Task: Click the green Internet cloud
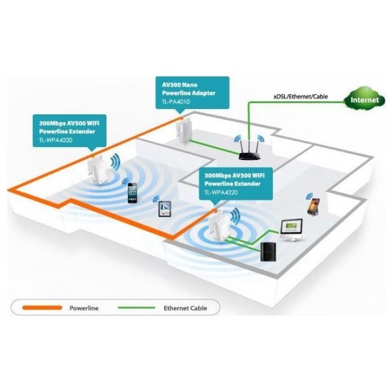pyautogui.click(x=365, y=99)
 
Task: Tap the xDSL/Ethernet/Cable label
pyautogui.click(x=301, y=97)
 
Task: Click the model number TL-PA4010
pyautogui.click(x=176, y=102)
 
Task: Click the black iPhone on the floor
pyautogui.click(x=133, y=193)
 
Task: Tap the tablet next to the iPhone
pyautogui.click(x=165, y=209)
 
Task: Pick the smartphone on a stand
pyautogui.click(x=314, y=206)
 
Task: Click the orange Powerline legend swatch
pyautogui.click(x=42, y=308)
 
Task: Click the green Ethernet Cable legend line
pyautogui.click(x=137, y=308)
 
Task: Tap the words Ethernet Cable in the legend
pyautogui.click(x=186, y=308)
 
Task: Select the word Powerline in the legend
pyautogui.click(x=84, y=308)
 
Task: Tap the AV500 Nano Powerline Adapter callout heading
pyautogui.click(x=189, y=89)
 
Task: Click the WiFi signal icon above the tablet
pyautogui.click(x=155, y=199)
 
